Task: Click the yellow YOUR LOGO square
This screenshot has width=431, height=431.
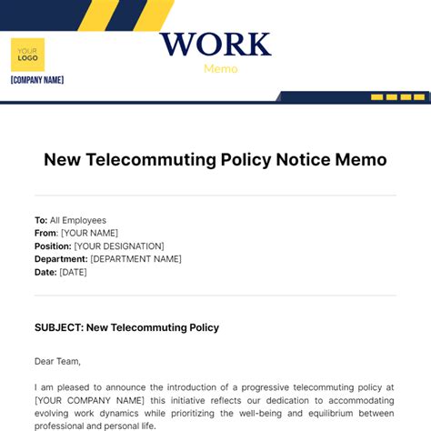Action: pos(27,55)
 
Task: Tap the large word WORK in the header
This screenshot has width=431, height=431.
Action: pos(215,45)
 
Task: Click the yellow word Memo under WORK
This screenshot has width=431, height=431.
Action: pos(221,68)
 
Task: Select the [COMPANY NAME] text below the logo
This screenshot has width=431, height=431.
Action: pos(37,80)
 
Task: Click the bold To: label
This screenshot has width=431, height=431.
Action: pos(41,220)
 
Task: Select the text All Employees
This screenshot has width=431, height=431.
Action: pos(78,220)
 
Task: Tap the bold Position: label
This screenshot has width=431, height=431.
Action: pos(53,246)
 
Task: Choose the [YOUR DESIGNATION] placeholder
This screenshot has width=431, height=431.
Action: pos(119,246)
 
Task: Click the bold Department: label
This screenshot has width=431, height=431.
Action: pos(61,258)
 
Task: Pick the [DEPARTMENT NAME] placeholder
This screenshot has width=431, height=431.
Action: pos(135,258)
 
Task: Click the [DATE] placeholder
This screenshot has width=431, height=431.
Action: pos(74,272)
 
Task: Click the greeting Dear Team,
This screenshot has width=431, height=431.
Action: pos(57,361)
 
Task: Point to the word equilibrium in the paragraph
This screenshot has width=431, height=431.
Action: pos(328,413)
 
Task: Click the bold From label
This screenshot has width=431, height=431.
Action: pos(45,233)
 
